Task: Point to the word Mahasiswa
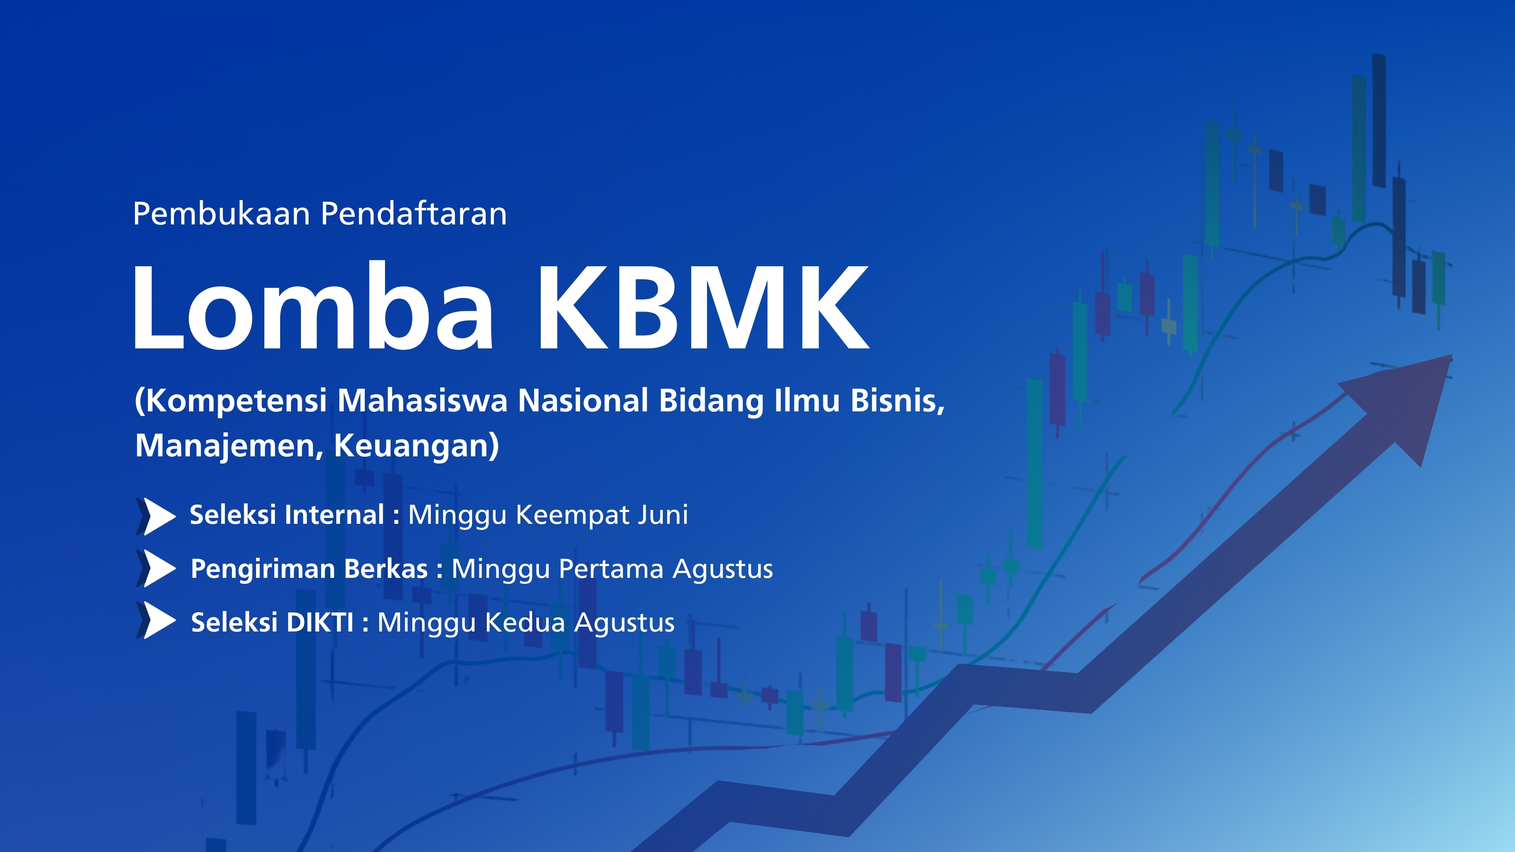(422, 400)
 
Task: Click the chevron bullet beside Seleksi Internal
(156, 516)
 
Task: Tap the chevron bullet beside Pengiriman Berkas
(156, 568)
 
